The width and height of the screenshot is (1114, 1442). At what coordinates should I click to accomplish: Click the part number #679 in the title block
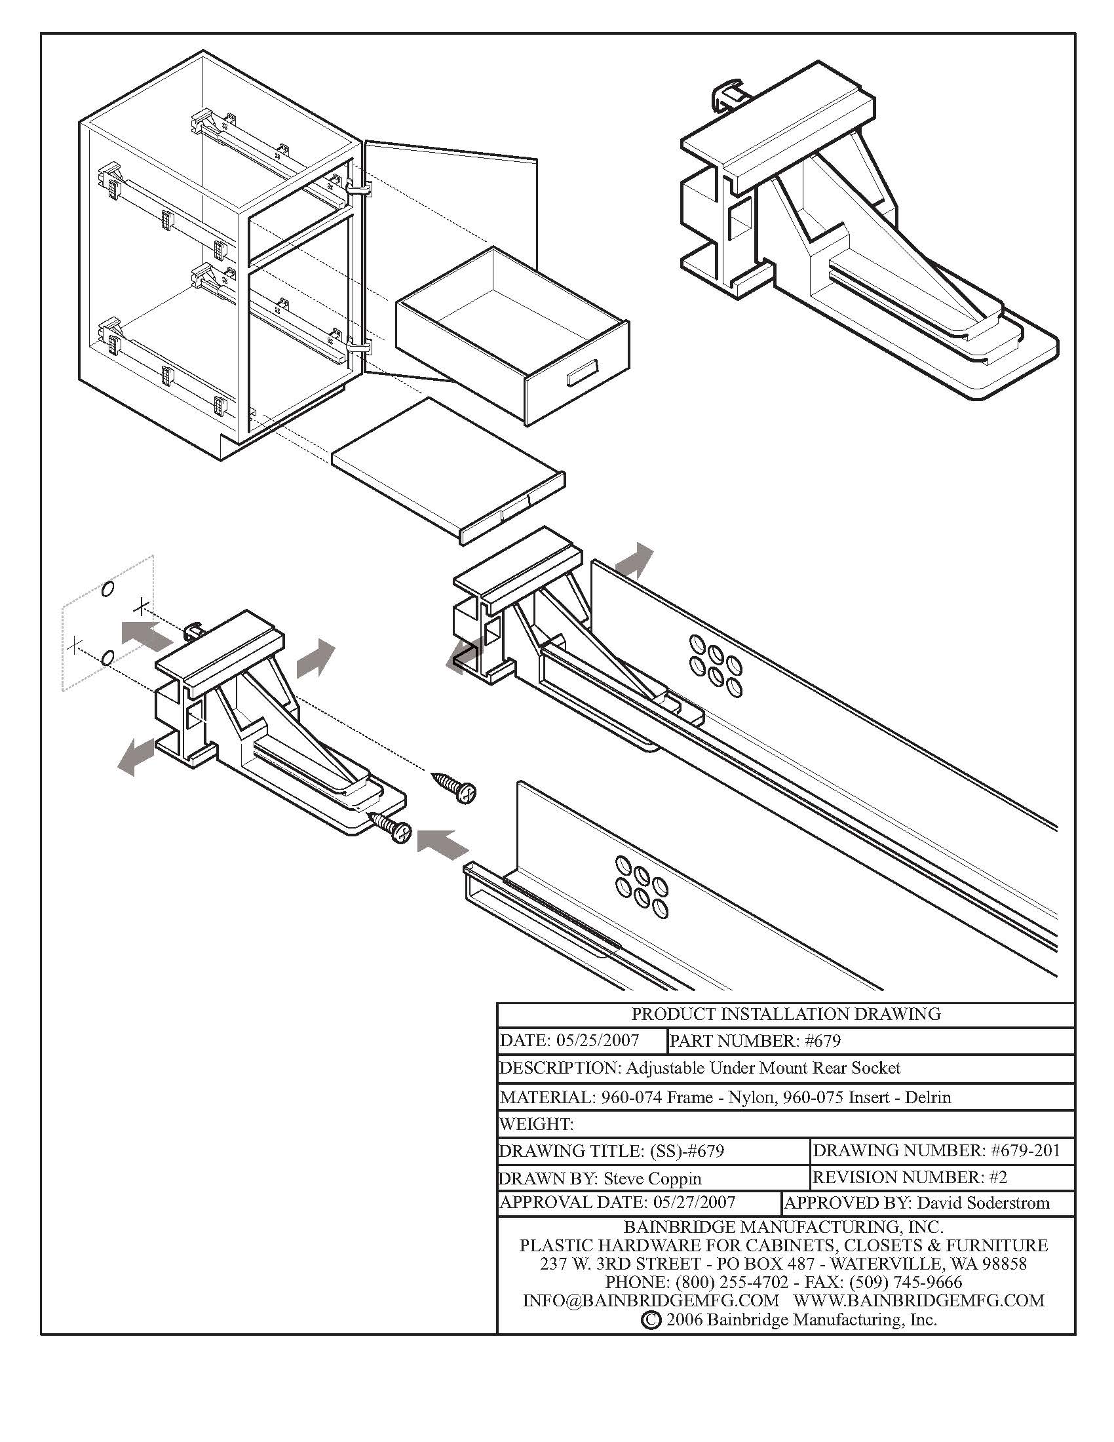(x=823, y=1042)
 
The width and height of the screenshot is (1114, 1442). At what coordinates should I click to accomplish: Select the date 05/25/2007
(x=597, y=1042)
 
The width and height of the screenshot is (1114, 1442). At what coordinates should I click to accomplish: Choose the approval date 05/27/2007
(x=694, y=1202)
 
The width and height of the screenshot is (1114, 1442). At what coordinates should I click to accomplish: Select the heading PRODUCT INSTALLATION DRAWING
(x=785, y=1014)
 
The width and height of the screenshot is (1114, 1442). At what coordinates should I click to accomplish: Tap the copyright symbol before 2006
(x=650, y=1320)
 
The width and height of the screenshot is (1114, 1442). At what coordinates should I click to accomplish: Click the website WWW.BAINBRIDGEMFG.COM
(x=919, y=1300)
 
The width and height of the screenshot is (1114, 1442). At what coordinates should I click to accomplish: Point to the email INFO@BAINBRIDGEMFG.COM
(x=651, y=1300)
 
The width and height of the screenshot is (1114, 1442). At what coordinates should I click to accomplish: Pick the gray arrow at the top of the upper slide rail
(x=635, y=562)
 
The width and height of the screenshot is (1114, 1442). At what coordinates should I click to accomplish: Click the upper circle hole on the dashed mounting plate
(x=109, y=589)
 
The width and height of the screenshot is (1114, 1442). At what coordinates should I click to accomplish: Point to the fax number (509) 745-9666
(x=906, y=1282)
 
